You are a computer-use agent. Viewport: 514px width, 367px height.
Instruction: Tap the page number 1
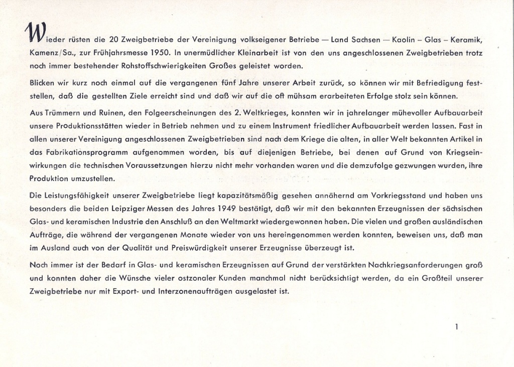point(456,327)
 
